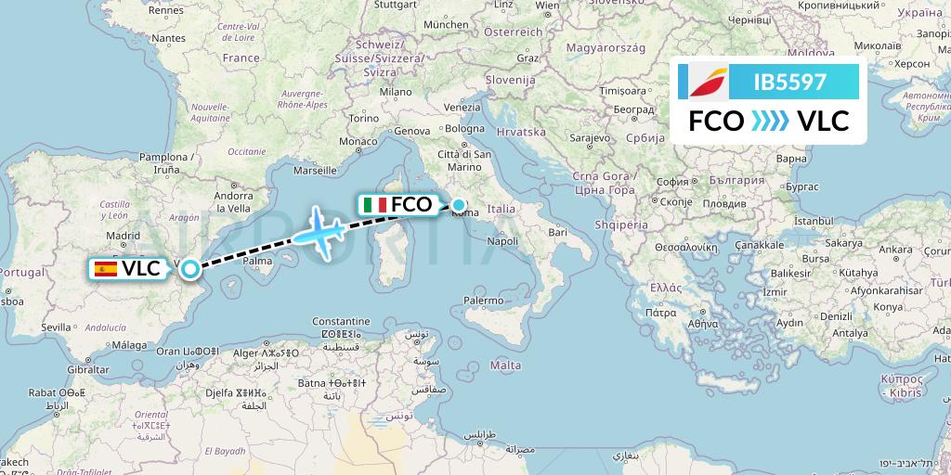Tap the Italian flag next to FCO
click(376, 205)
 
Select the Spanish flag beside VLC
click(106, 269)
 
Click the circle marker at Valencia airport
click(190, 269)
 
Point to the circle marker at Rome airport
click(459, 204)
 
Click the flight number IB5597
click(791, 82)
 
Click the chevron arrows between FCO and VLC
click(768, 121)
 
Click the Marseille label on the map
click(314, 171)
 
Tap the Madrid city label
click(123, 236)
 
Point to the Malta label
click(505, 366)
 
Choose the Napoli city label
click(502, 241)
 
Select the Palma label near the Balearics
click(257, 261)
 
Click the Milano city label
click(395, 92)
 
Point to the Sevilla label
click(57, 327)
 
